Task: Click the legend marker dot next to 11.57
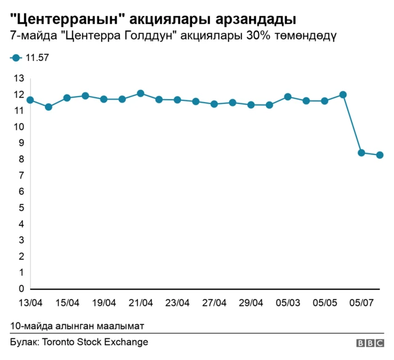pyautogui.click(x=15, y=58)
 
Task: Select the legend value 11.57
pyautogui.click(x=37, y=58)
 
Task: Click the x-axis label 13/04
pyautogui.click(x=30, y=303)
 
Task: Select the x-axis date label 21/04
pyautogui.click(x=141, y=303)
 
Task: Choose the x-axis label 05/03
pyautogui.click(x=288, y=303)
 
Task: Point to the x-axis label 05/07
pyautogui.click(x=361, y=303)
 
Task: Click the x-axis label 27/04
pyautogui.click(x=214, y=303)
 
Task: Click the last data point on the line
pyautogui.click(x=380, y=155)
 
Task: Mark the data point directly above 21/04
pyautogui.click(x=140, y=94)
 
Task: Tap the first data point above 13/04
pyautogui.click(x=30, y=100)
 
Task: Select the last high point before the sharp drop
pyautogui.click(x=343, y=95)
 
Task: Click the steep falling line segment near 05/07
pyautogui.click(x=352, y=124)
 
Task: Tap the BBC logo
pyautogui.click(x=369, y=343)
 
